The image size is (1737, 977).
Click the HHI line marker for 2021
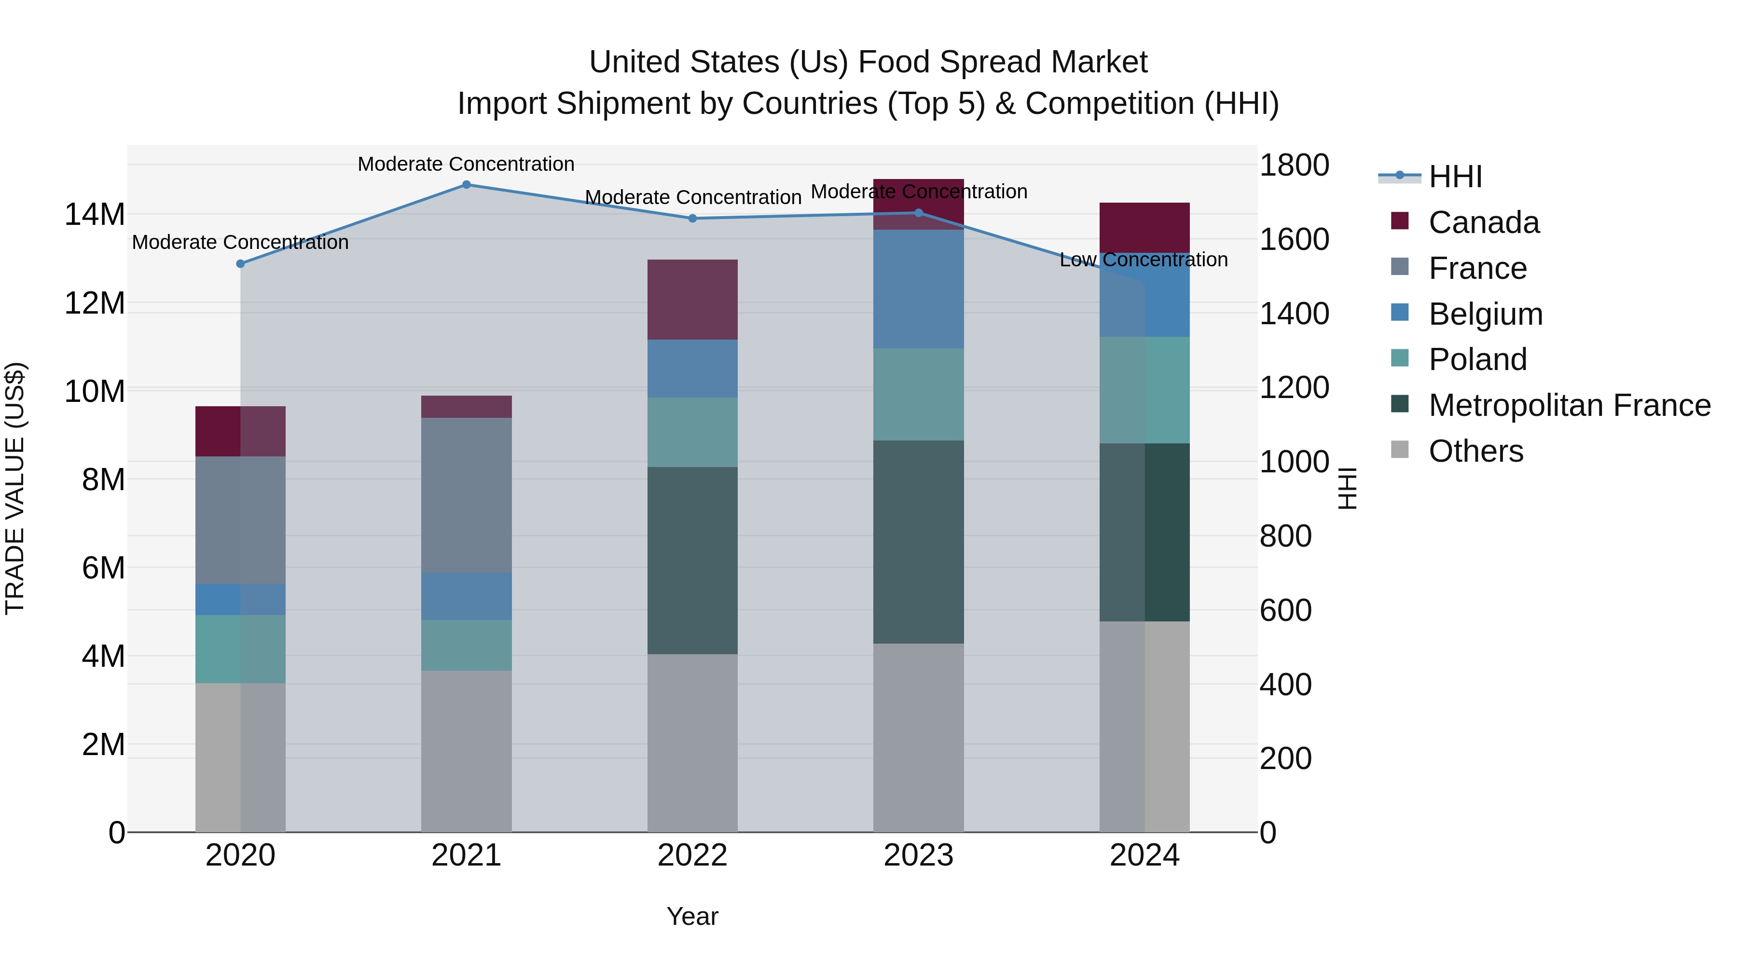click(x=466, y=185)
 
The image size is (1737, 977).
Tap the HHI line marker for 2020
click(x=240, y=263)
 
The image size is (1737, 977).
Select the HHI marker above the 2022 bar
click(x=692, y=219)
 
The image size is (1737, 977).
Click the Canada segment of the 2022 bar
click(x=692, y=299)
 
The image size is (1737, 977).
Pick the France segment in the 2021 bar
click(x=466, y=495)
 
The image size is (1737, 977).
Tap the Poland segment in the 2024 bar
click(x=1144, y=390)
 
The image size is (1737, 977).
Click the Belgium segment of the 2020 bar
click(x=240, y=599)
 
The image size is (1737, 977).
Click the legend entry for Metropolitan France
click(x=1569, y=405)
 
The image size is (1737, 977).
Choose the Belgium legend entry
click(x=1486, y=314)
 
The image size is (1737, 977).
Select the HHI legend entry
click(x=1455, y=177)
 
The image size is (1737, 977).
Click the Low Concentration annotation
click(x=1144, y=260)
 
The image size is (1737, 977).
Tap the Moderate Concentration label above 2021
click(x=466, y=164)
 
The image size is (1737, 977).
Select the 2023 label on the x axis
click(x=918, y=855)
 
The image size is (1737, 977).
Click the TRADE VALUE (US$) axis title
click(x=15, y=488)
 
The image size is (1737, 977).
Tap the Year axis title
click(x=692, y=916)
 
